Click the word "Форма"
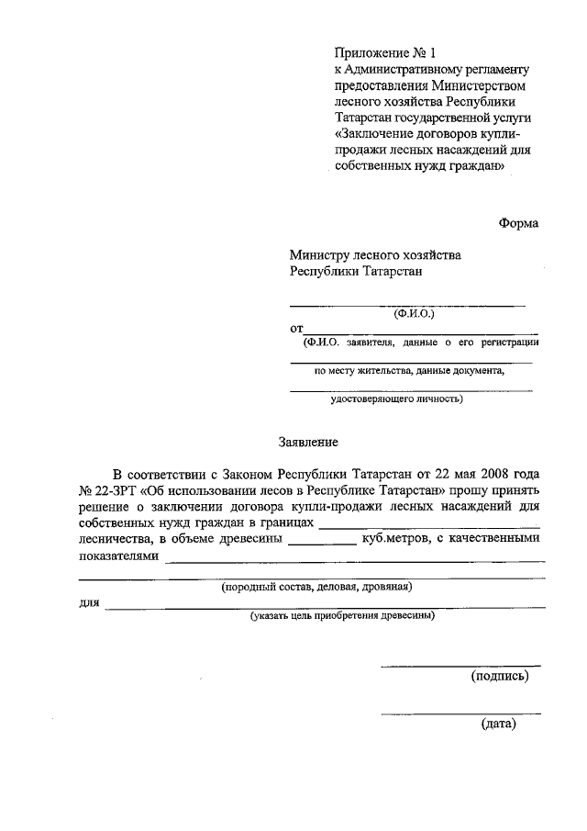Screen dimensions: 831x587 point(518,223)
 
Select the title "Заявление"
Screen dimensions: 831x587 point(308,442)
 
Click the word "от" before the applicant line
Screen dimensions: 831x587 point(296,328)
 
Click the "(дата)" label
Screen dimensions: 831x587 point(499,724)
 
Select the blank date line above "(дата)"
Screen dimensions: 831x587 point(460,713)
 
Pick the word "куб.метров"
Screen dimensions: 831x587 point(394,539)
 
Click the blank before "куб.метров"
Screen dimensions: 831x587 point(322,542)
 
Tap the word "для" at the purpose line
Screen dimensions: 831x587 point(89,602)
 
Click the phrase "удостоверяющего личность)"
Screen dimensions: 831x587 point(396,399)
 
